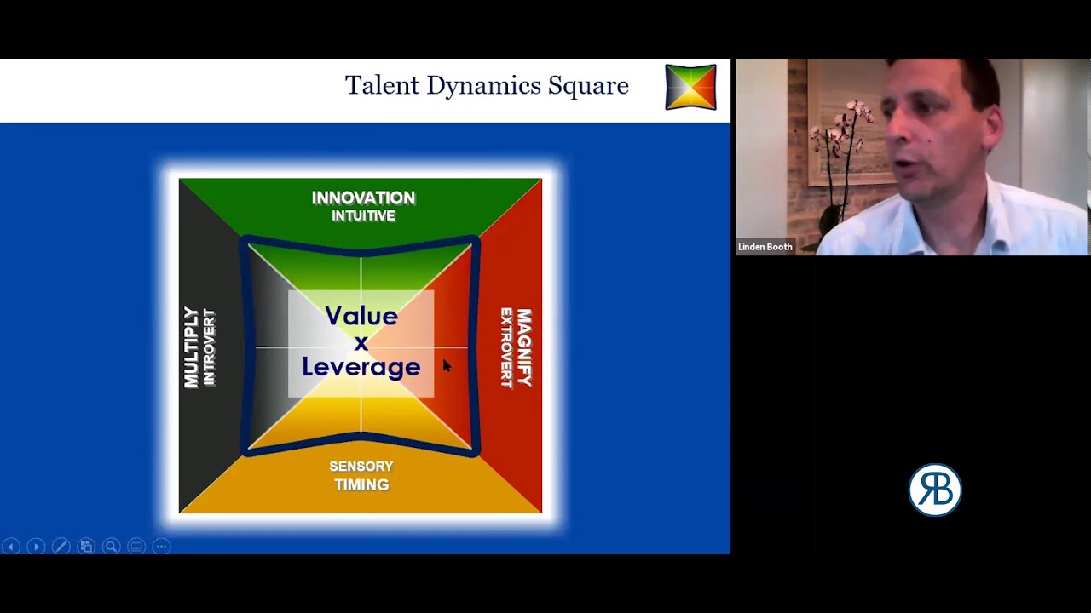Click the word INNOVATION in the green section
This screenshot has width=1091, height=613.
tap(363, 198)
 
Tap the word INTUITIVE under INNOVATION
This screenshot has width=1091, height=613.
tap(363, 216)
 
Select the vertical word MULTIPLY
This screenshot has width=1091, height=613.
tap(192, 347)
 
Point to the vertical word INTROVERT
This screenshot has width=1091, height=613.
tap(210, 347)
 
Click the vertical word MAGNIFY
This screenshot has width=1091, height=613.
tap(523, 347)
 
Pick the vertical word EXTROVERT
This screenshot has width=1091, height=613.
tap(506, 347)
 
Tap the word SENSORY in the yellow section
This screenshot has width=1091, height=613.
tap(361, 467)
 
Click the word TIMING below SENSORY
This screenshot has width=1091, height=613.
tap(361, 485)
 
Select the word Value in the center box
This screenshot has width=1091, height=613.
tap(361, 316)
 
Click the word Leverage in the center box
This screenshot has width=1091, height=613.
tap(361, 367)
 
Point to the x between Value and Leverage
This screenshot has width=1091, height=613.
tap(361, 342)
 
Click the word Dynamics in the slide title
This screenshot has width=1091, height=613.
tap(483, 85)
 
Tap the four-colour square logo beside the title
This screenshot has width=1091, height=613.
tap(690, 87)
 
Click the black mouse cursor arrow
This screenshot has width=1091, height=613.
tap(447, 365)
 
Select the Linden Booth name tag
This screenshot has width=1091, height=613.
tap(765, 247)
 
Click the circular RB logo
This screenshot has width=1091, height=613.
tap(934, 490)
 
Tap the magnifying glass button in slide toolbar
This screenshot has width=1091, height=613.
tap(111, 547)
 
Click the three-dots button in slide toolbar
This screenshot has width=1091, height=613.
tap(161, 547)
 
